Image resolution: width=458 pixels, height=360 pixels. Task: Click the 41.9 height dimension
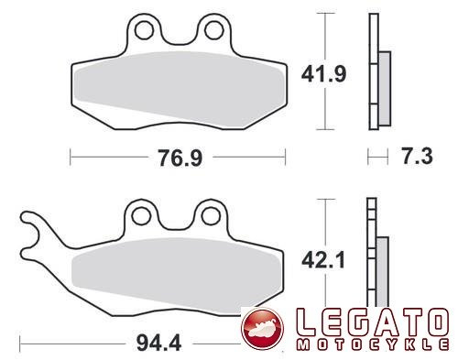(x=323, y=74)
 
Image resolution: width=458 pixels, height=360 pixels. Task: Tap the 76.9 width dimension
(x=180, y=158)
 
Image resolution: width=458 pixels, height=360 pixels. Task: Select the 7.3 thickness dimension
(x=417, y=156)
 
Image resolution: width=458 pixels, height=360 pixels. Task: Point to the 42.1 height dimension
(x=323, y=260)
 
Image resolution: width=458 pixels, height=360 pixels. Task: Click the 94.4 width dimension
(x=158, y=343)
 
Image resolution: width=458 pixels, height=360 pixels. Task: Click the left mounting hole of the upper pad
(x=144, y=30)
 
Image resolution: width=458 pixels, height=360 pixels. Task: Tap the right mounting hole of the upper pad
(x=214, y=30)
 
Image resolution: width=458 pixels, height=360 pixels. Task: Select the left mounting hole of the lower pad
(x=141, y=216)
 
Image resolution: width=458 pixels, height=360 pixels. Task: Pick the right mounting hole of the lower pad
(x=211, y=216)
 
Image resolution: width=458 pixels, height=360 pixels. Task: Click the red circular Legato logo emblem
(x=263, y=328)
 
